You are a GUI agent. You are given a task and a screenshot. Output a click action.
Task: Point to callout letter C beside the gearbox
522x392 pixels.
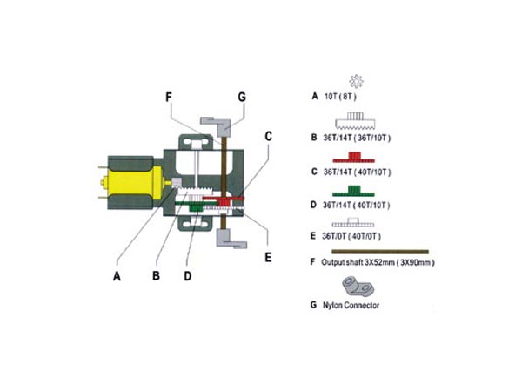[269, 137]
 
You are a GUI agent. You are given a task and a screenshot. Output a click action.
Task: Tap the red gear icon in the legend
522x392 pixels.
[354, 157]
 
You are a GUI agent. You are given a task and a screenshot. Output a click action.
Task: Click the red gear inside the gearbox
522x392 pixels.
[228, 201]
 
